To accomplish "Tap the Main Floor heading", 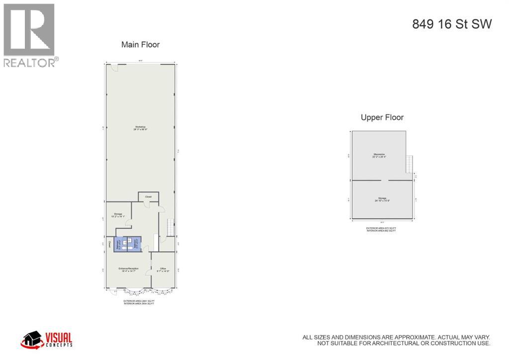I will coord(141,45).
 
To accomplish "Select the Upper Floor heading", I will coord(382,117).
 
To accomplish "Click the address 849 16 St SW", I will coord(452,24).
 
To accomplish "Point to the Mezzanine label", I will coord(379,155).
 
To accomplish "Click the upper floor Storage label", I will coord(382,199).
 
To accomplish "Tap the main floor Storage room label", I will coord(117,215).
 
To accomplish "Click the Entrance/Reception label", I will coord(128,269).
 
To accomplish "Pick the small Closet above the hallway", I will coord(148,197).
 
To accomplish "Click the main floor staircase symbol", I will coord(171,228).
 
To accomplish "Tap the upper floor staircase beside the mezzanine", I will coord(410,164).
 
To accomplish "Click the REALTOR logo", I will coord(30,35).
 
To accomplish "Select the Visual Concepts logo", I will coord(47,339).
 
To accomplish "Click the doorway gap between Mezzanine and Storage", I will coord(382,180).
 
